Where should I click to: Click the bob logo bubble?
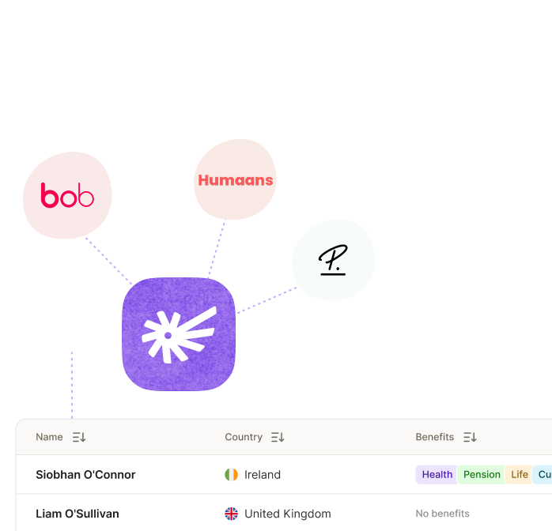67,195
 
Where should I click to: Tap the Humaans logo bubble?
235,179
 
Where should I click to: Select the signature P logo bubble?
333,260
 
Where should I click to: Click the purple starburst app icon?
179,334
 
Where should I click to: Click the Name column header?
49,437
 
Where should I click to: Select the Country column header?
244,437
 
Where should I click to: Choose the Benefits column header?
435,437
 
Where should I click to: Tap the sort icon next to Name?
79,437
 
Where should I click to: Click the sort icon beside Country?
278,437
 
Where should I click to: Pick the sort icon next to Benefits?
470,437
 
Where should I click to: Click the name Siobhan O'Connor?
85,475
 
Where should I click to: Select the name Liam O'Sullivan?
78,514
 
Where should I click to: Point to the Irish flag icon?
231,475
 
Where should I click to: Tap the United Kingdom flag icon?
231,514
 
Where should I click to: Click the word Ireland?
263,475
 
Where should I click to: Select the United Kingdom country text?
288,514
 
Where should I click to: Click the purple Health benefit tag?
437,475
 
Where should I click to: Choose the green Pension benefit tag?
482,475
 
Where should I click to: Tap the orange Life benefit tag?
520,475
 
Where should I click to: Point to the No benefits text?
442,514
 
